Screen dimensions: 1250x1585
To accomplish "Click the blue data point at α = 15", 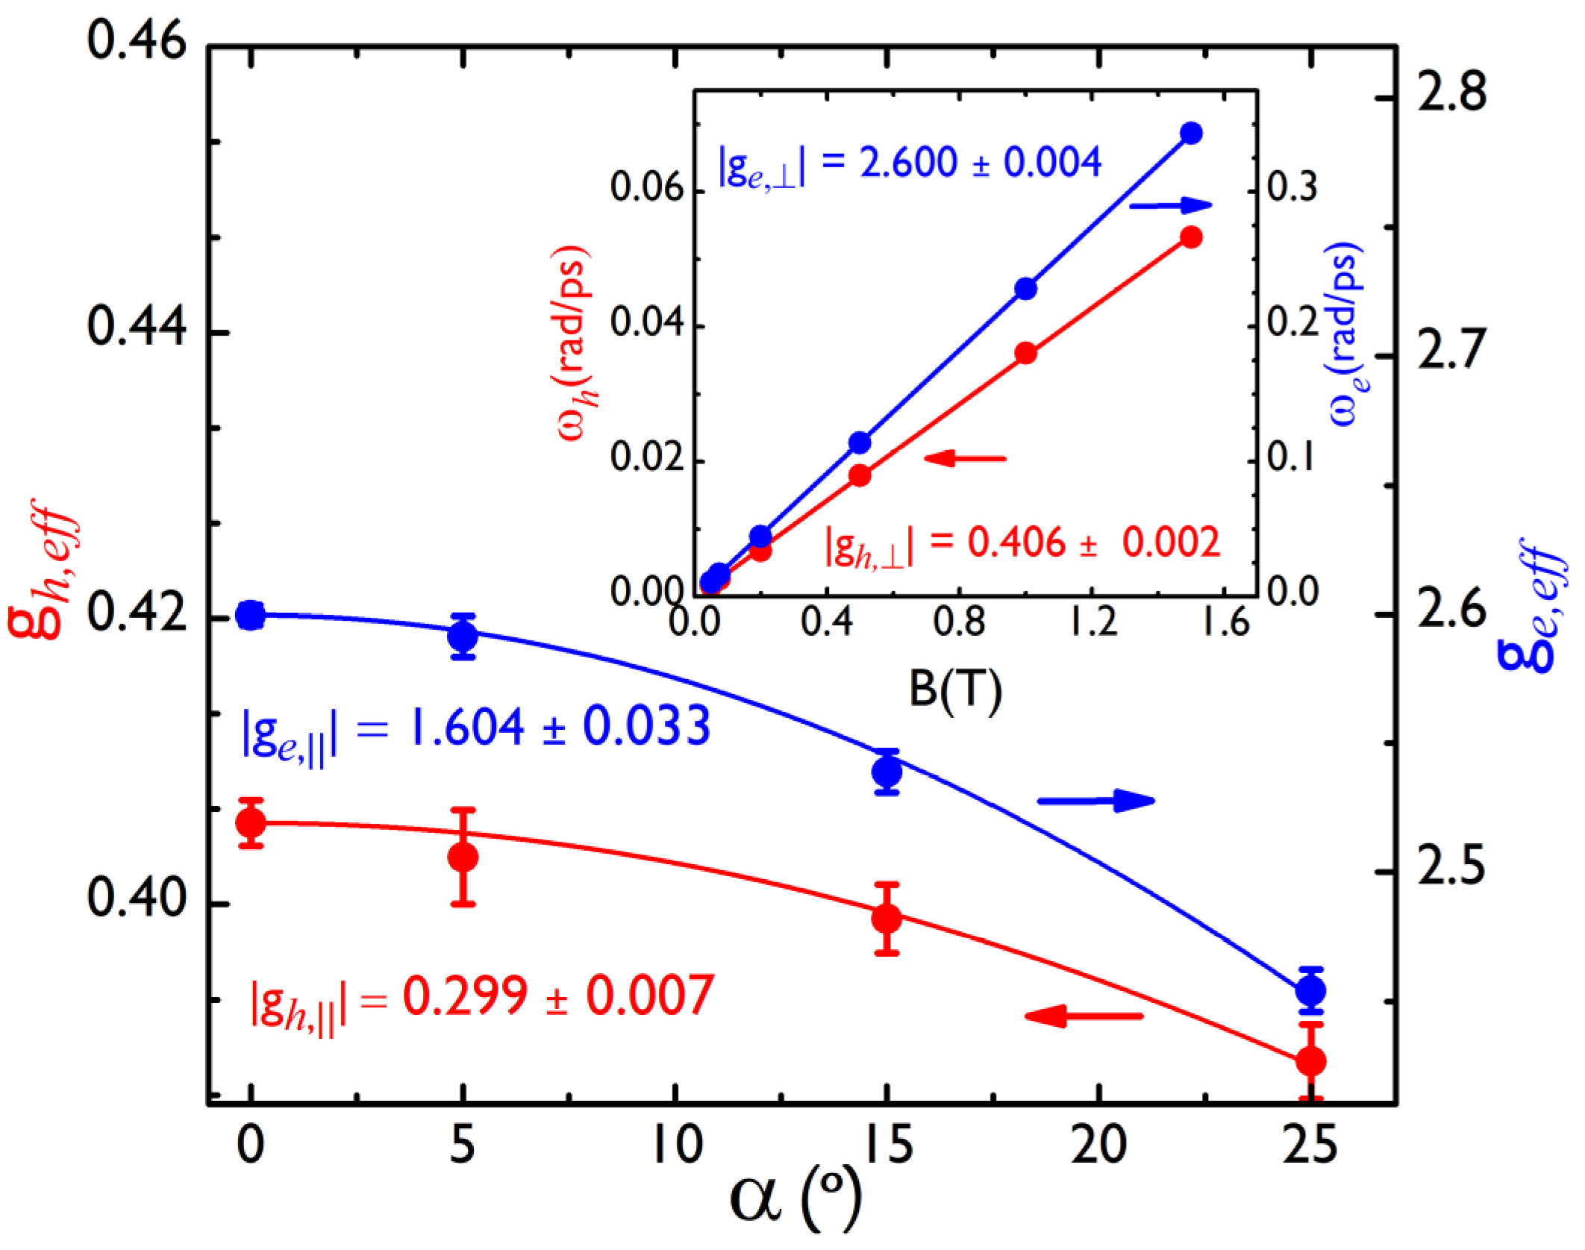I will pos(887,772).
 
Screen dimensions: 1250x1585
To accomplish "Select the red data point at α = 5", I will pos(463,857).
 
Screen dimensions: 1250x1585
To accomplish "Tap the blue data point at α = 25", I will pos(1310,991).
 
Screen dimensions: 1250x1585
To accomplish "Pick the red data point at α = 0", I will pos(251,823).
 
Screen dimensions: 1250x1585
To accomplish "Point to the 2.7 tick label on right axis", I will pos(1451,351).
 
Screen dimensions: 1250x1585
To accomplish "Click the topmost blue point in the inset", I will pos(1192,134).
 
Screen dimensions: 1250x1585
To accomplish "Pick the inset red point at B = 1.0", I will pos(1026,353).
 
